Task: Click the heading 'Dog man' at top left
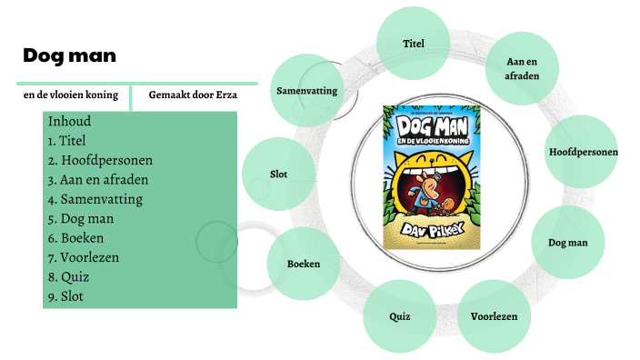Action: (x=70, y=55)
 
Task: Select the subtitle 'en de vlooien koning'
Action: (x=71, y=94)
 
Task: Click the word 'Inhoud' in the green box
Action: (x=69, y=121)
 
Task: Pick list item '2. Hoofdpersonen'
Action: (x=100, y=160)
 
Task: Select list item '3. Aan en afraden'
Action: (x=97, y=179)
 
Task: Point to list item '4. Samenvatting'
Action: (x=95, y=199)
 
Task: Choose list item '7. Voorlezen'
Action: (x=84, y=257)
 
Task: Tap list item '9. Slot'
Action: (x=65, y=296)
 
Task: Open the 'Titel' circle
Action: (x=414, y=43)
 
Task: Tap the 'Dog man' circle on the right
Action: (x=567, y=243)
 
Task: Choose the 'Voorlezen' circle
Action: (x=494, y=316)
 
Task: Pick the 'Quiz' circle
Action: (x=399, y=316)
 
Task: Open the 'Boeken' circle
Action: (x=303, y=264)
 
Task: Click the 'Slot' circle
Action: (x=279, y=174)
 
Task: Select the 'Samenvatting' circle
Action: (x=306, y=90)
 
